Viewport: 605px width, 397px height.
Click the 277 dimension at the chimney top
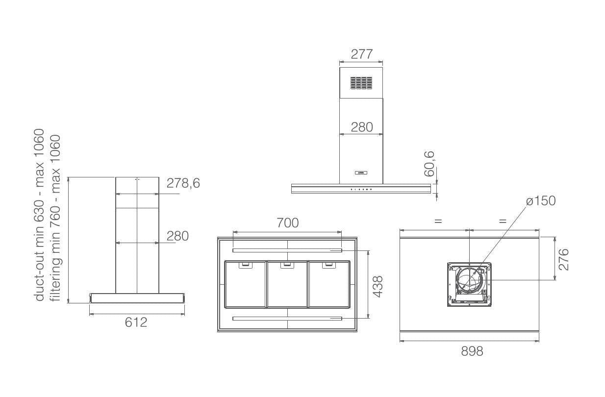(x=362, y=54)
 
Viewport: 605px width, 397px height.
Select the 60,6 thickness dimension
(x=429, y=164)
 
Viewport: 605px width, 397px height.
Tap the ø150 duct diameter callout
(x=541, y=201)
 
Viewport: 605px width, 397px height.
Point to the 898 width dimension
(x=472, y=351)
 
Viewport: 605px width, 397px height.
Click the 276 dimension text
(x=563, y=260)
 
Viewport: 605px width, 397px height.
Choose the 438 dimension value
(x=378, y=287)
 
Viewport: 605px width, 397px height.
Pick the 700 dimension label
(x=288, y=223)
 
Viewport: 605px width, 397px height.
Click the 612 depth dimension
(x=136, y=322)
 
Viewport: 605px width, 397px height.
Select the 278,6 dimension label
(x=183, y=183)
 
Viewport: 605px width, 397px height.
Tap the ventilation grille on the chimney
(x=361, y=83)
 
